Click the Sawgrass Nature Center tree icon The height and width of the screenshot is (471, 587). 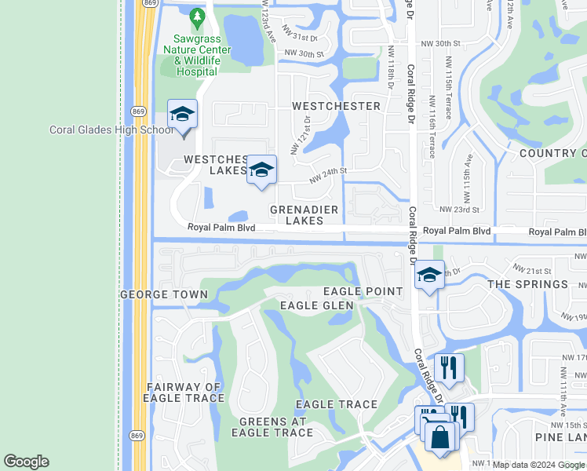[x=197, y=16]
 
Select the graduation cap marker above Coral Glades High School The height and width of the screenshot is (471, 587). [x=182, y=115]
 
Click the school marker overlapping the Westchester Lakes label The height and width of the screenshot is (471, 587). [x=261, y=170]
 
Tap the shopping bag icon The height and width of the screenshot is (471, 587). [x=440, y=437]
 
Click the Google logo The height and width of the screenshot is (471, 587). [x=26, y=462]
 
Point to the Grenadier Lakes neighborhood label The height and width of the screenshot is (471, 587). [x=304, y=215]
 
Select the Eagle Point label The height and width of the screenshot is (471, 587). [x=373, y=292]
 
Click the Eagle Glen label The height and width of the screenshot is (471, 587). [x=316, y=305]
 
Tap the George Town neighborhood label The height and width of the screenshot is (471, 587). [x=164, y=295]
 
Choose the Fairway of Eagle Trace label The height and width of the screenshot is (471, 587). [x=184, y=392]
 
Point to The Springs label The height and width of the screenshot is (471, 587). [x=527, y=284]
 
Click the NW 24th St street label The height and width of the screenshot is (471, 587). [x=327, y=174]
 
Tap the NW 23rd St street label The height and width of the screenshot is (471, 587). [x=459, y=210]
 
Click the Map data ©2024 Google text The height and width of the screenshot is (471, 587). [x=538, y=465]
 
